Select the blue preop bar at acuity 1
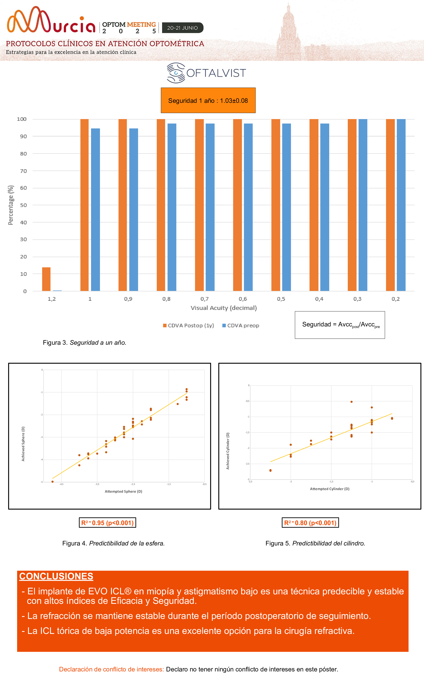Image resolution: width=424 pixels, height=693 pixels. click(x=95, y=210)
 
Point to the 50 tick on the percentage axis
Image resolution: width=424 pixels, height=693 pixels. click(x=23, y=205)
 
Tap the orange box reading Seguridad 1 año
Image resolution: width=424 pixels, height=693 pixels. click(x=208, y=100)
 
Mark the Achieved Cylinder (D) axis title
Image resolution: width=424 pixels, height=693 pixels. click(x=228, y=451)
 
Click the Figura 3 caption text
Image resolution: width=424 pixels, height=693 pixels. click(x=84, y=343)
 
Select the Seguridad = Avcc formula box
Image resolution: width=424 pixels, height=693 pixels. click(x=340, y=325)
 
